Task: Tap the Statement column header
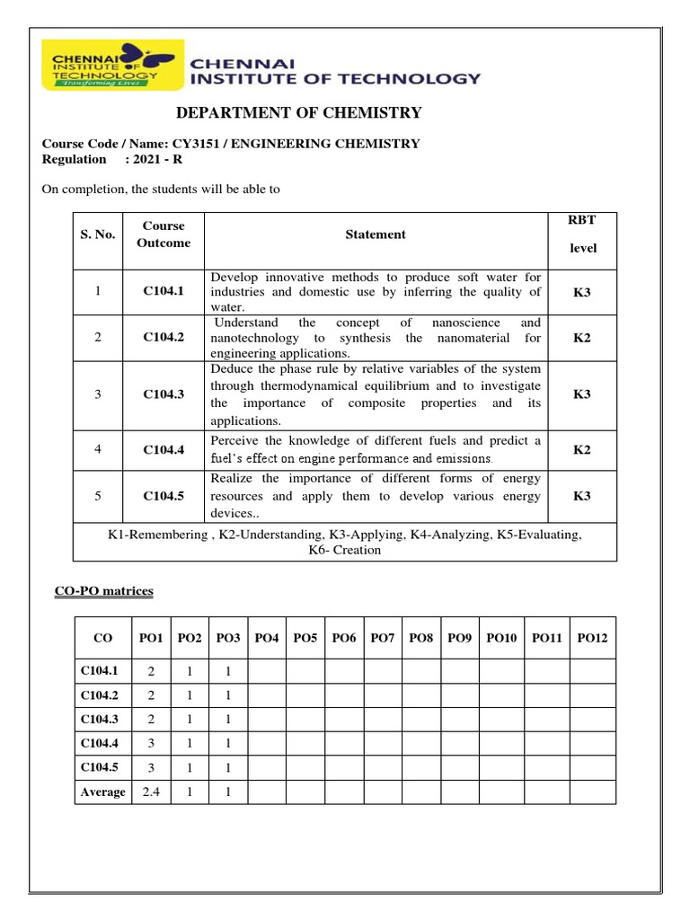tap(376, 234)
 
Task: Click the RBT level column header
tap(582, 234)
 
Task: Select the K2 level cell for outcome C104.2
tap(582, 338)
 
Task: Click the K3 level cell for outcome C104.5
tap(582, 496)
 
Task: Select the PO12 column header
tap(592, 638)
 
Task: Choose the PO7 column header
tap(383, 638)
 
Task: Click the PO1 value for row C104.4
tap(152, 743)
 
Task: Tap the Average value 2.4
tap(152, 792)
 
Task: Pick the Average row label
tap(102, 792)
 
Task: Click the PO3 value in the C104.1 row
tap(228, 671)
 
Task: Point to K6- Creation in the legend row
tap(344, 550)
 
